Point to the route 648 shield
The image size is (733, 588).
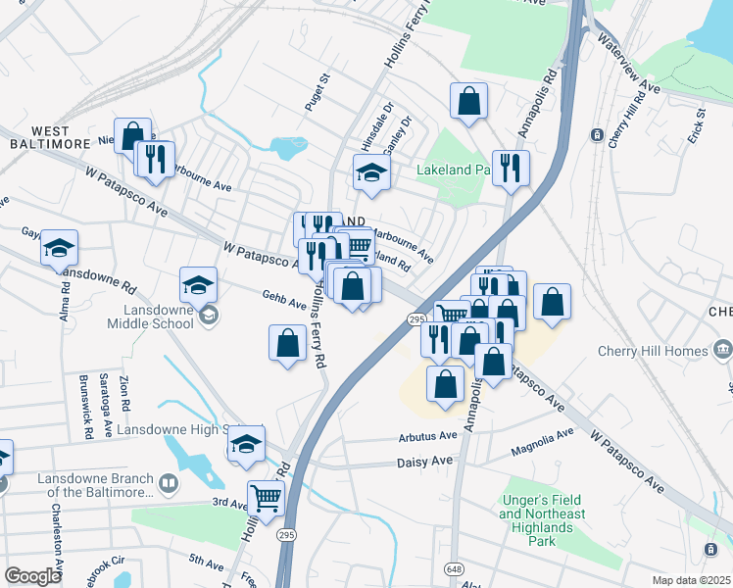454,567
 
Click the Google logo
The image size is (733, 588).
32,576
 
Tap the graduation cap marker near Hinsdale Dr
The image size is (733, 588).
371,174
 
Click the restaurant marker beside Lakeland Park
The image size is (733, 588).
510,168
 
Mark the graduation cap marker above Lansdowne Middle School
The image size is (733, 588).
198,285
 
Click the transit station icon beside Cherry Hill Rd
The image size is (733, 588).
596,134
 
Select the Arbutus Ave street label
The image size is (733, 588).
427,436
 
